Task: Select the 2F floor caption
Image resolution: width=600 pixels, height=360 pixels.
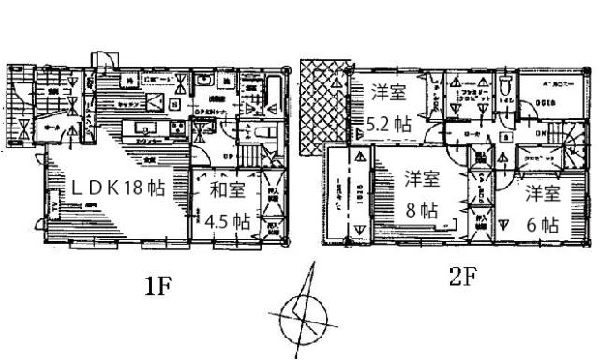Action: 457,277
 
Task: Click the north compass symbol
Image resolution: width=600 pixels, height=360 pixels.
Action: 299,314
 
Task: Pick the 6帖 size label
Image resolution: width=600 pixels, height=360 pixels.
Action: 542,226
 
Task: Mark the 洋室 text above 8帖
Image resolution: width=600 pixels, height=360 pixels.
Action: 422,176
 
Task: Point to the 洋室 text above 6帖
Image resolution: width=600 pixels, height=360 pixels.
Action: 542,194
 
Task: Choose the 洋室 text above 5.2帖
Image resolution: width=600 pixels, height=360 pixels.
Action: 387,92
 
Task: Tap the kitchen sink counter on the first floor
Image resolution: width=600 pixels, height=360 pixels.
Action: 138,128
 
